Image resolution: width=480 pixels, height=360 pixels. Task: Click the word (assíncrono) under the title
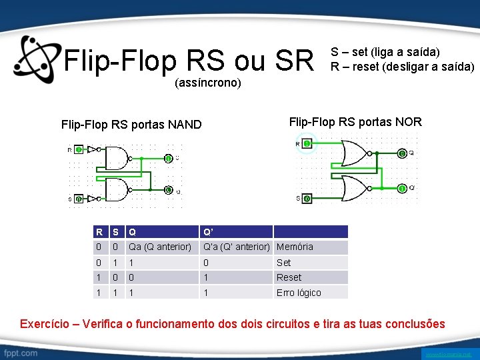click(207, 84)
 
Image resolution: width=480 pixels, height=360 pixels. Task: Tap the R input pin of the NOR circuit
click(307, 143)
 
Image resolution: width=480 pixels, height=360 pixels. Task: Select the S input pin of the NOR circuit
click(307, 199)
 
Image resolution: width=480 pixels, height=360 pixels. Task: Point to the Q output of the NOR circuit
click(402, 154)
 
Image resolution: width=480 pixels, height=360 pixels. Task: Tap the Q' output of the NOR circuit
click(402, 189)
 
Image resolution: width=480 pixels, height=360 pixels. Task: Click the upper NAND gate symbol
click(116, 158)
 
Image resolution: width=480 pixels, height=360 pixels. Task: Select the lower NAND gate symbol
click(116, 190)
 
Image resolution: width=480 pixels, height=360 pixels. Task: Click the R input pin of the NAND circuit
click(79, 150)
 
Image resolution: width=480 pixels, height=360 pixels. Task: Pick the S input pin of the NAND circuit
click(79, 199)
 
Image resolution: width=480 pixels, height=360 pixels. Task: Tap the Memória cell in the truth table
click(295, 247)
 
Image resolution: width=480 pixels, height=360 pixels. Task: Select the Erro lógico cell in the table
click(299, 293)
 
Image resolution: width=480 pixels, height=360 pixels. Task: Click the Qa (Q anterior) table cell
click(160, 247)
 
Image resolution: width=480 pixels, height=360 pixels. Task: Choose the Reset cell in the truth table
click(289, 277)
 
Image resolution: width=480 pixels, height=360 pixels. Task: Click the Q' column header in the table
click(208, 232)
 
